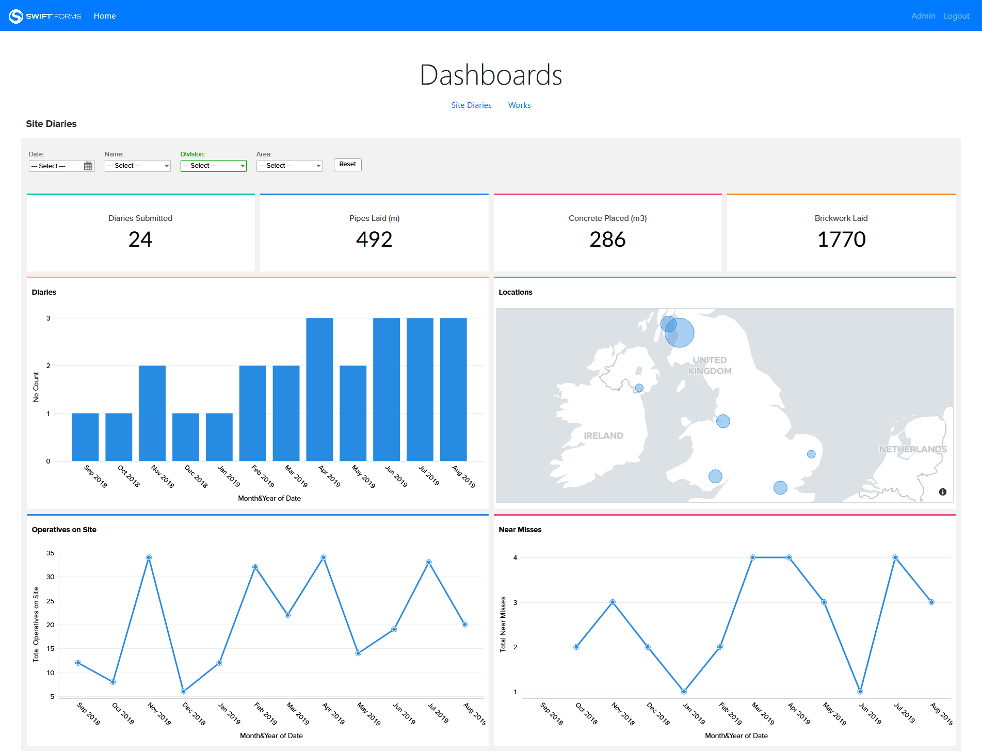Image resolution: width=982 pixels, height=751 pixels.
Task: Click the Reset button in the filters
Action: tap(347, 165)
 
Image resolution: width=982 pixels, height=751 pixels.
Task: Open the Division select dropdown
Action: tap(213, 166)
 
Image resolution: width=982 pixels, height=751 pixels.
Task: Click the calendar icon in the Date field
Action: tap(88, 166)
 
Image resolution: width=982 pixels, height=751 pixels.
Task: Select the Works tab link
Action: tap(519, 105)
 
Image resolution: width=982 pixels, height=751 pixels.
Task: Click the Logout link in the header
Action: tap(956, 16)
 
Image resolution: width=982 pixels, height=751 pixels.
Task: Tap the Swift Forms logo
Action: tap(45, 16)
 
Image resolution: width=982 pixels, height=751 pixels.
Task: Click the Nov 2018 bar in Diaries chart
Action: tap(152, 413)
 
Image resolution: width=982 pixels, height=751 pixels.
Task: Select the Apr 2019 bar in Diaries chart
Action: tap(319, 390)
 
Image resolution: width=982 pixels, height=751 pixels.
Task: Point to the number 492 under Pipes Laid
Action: tap(374, 239)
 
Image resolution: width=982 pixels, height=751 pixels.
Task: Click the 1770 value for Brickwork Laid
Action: tap(841, 239)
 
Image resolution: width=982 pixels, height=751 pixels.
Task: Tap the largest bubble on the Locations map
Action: tap(680, 333)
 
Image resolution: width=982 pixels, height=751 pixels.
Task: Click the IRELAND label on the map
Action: tap(603, 436)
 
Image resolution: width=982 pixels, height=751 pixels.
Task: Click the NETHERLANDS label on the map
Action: tap(912, 449)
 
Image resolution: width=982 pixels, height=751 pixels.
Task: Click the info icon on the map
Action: tap(942, 492)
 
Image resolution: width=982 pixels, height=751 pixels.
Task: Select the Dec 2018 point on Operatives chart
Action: tap(183, 692)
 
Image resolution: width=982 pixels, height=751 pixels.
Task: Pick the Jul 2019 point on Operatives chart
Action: tap(429, 562)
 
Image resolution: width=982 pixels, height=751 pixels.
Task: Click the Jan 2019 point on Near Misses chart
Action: tap(684, 692)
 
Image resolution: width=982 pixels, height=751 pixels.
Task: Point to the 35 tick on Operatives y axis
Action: tap(50, 553)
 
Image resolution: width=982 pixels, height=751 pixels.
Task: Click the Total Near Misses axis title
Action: tap(503, 625)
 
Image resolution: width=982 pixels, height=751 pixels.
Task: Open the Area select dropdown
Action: tap(289, 166)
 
